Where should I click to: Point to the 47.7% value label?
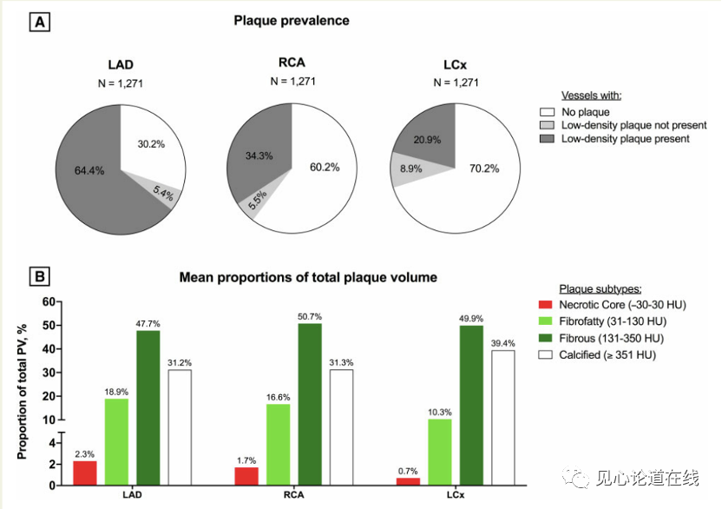(x=148, y=323)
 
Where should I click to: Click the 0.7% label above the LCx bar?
(x=407, y=470)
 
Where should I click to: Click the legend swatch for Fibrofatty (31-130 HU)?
(x=546, y=321)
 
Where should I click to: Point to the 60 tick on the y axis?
(x=49, y=302)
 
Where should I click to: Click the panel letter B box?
(x=40, y=278)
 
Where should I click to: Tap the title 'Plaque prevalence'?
(x=292, y=20)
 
